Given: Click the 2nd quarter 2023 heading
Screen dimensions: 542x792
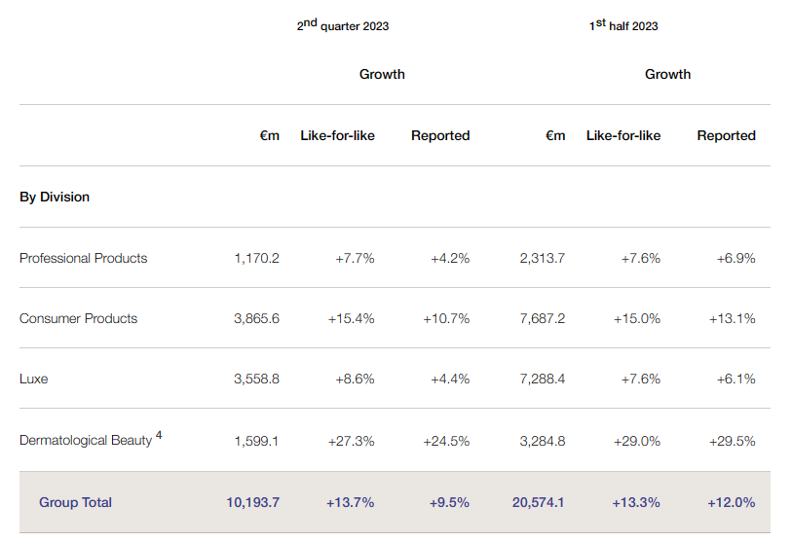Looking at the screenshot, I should click(x=343, y=25).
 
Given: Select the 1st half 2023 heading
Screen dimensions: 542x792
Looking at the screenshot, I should click(x=623, y=25).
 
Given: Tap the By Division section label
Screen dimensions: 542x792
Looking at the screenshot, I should click(x=55, y=197).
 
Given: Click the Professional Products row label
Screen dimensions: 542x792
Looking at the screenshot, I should click(x=84, y=258).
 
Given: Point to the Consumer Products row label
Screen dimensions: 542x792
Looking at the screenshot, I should click(x=79, y=318).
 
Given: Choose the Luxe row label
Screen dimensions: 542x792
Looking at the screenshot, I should click(x=34, y=379).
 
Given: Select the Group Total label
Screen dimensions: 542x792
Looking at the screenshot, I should click(x=75, y=502).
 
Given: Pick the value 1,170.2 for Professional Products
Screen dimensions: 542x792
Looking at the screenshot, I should click(x=256, y=258).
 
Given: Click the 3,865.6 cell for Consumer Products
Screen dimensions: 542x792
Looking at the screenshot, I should click(x=256, y=318).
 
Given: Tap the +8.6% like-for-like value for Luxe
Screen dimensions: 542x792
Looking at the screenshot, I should click(x=355, y=379).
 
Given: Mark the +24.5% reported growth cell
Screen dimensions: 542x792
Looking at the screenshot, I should click(x=446, y=441).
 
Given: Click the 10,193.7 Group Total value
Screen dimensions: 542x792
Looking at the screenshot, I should click(x=252, y=502).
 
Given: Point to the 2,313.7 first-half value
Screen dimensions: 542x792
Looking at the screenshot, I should click(x=543, y=258).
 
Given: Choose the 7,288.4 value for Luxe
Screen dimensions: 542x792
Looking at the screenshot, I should click(x=543, y=379).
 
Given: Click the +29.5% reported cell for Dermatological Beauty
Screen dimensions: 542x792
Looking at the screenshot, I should click(x=732, y=441).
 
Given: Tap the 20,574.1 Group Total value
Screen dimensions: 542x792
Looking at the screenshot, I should click(x=538, y=502).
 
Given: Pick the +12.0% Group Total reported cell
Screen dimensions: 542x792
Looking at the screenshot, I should click(x=731, y=502).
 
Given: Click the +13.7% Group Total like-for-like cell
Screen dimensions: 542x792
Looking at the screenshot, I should click(x=350, y=502).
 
